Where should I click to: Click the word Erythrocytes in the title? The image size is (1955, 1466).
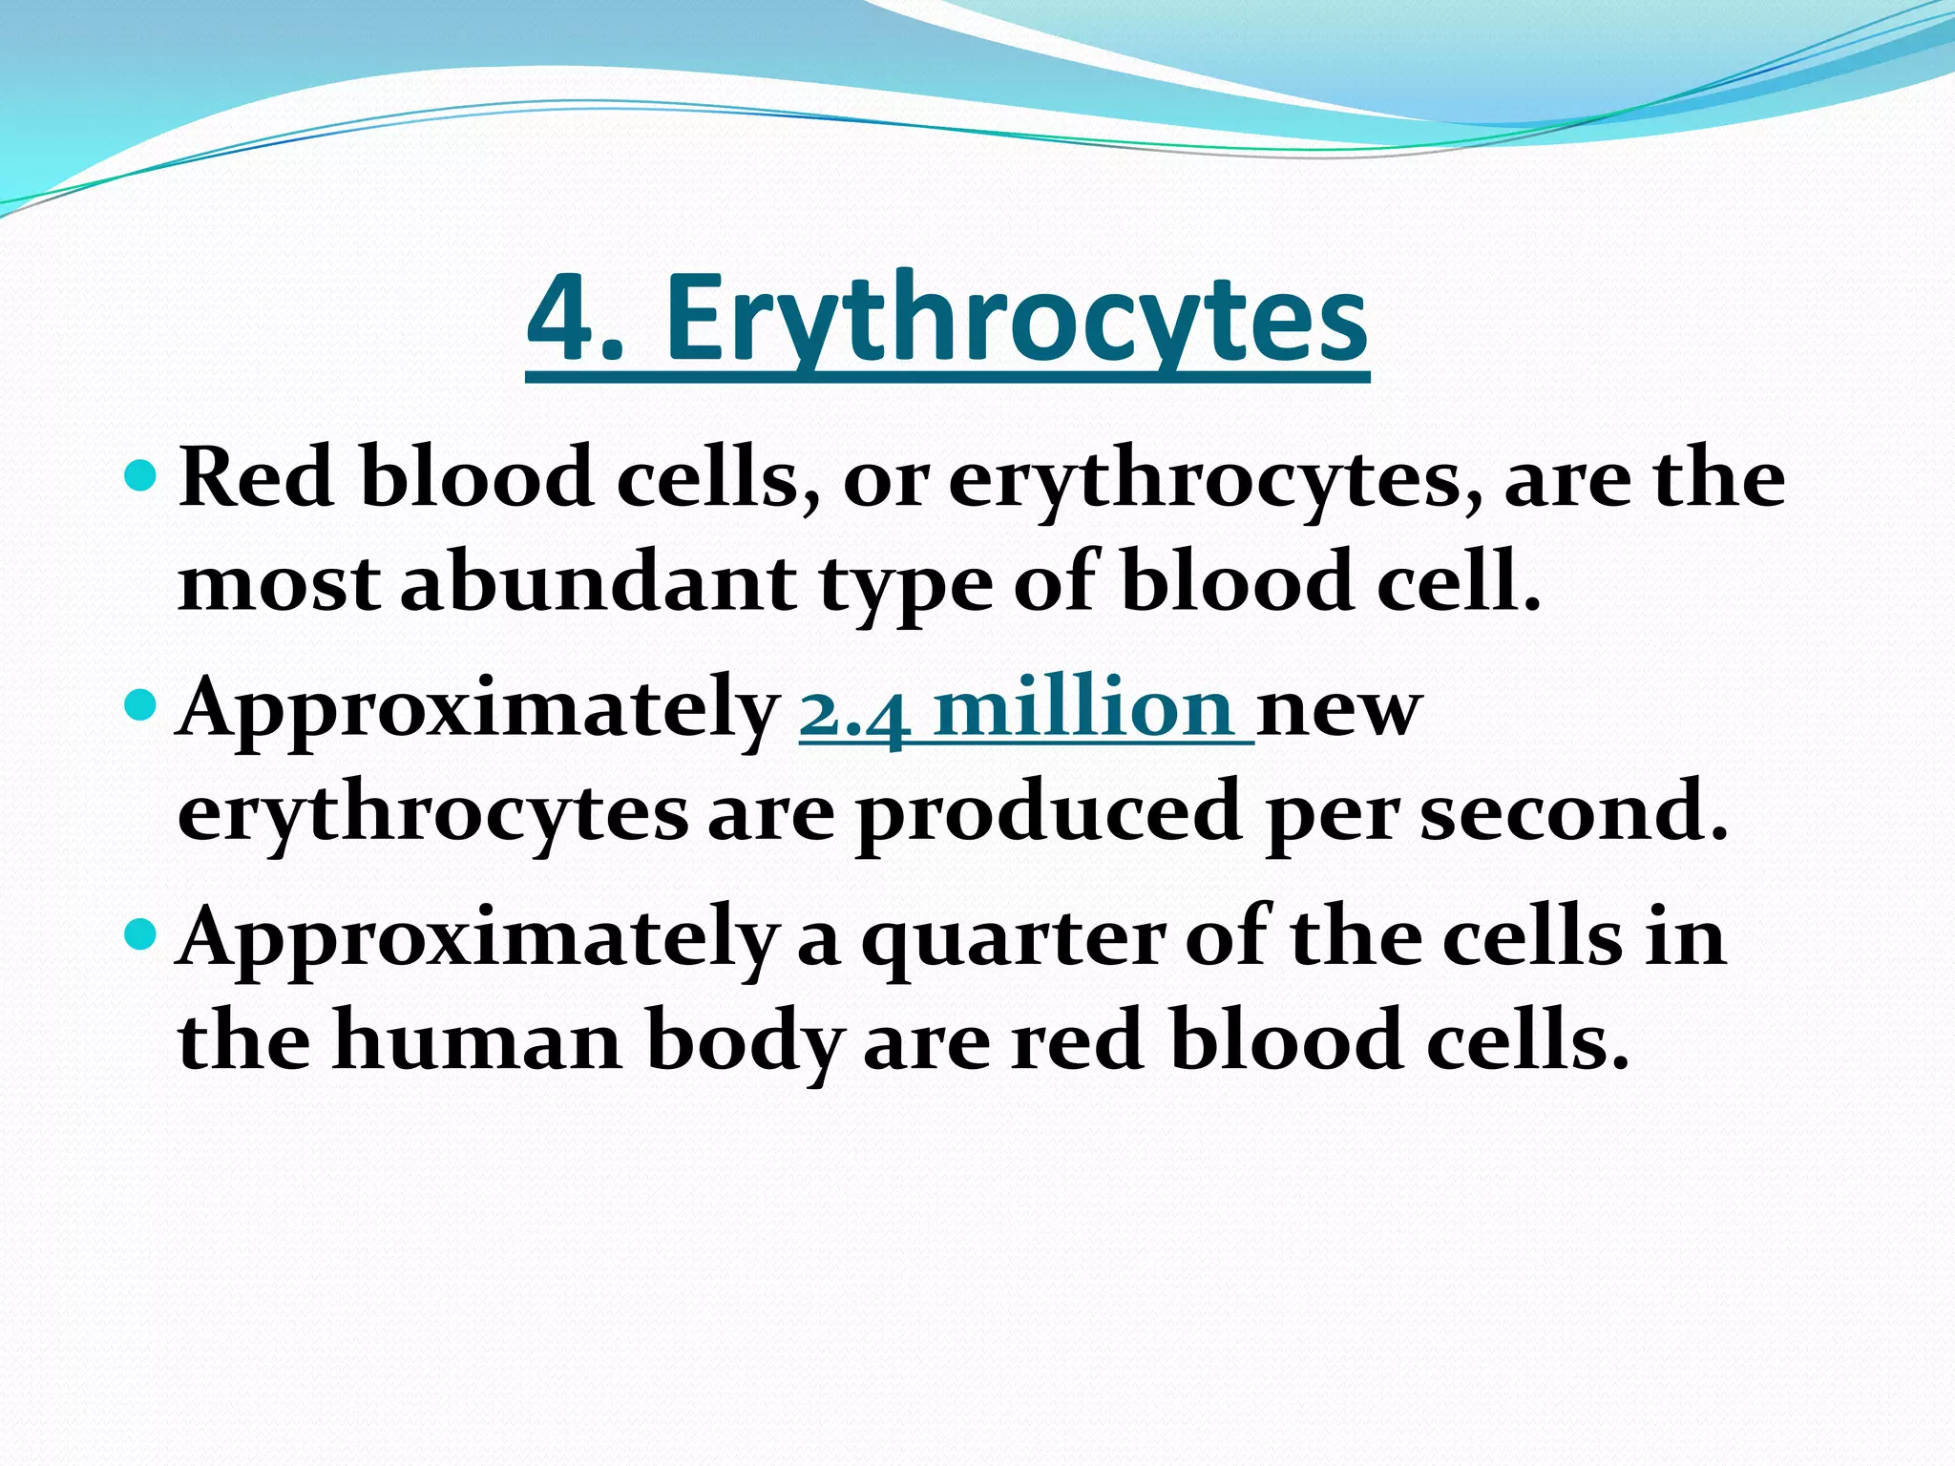point(1016,320)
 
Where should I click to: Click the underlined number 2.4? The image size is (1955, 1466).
point(854,711)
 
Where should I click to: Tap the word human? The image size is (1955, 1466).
point(477,1041)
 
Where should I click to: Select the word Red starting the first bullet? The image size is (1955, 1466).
point(257,477)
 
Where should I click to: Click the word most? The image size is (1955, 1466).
point(279,585)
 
